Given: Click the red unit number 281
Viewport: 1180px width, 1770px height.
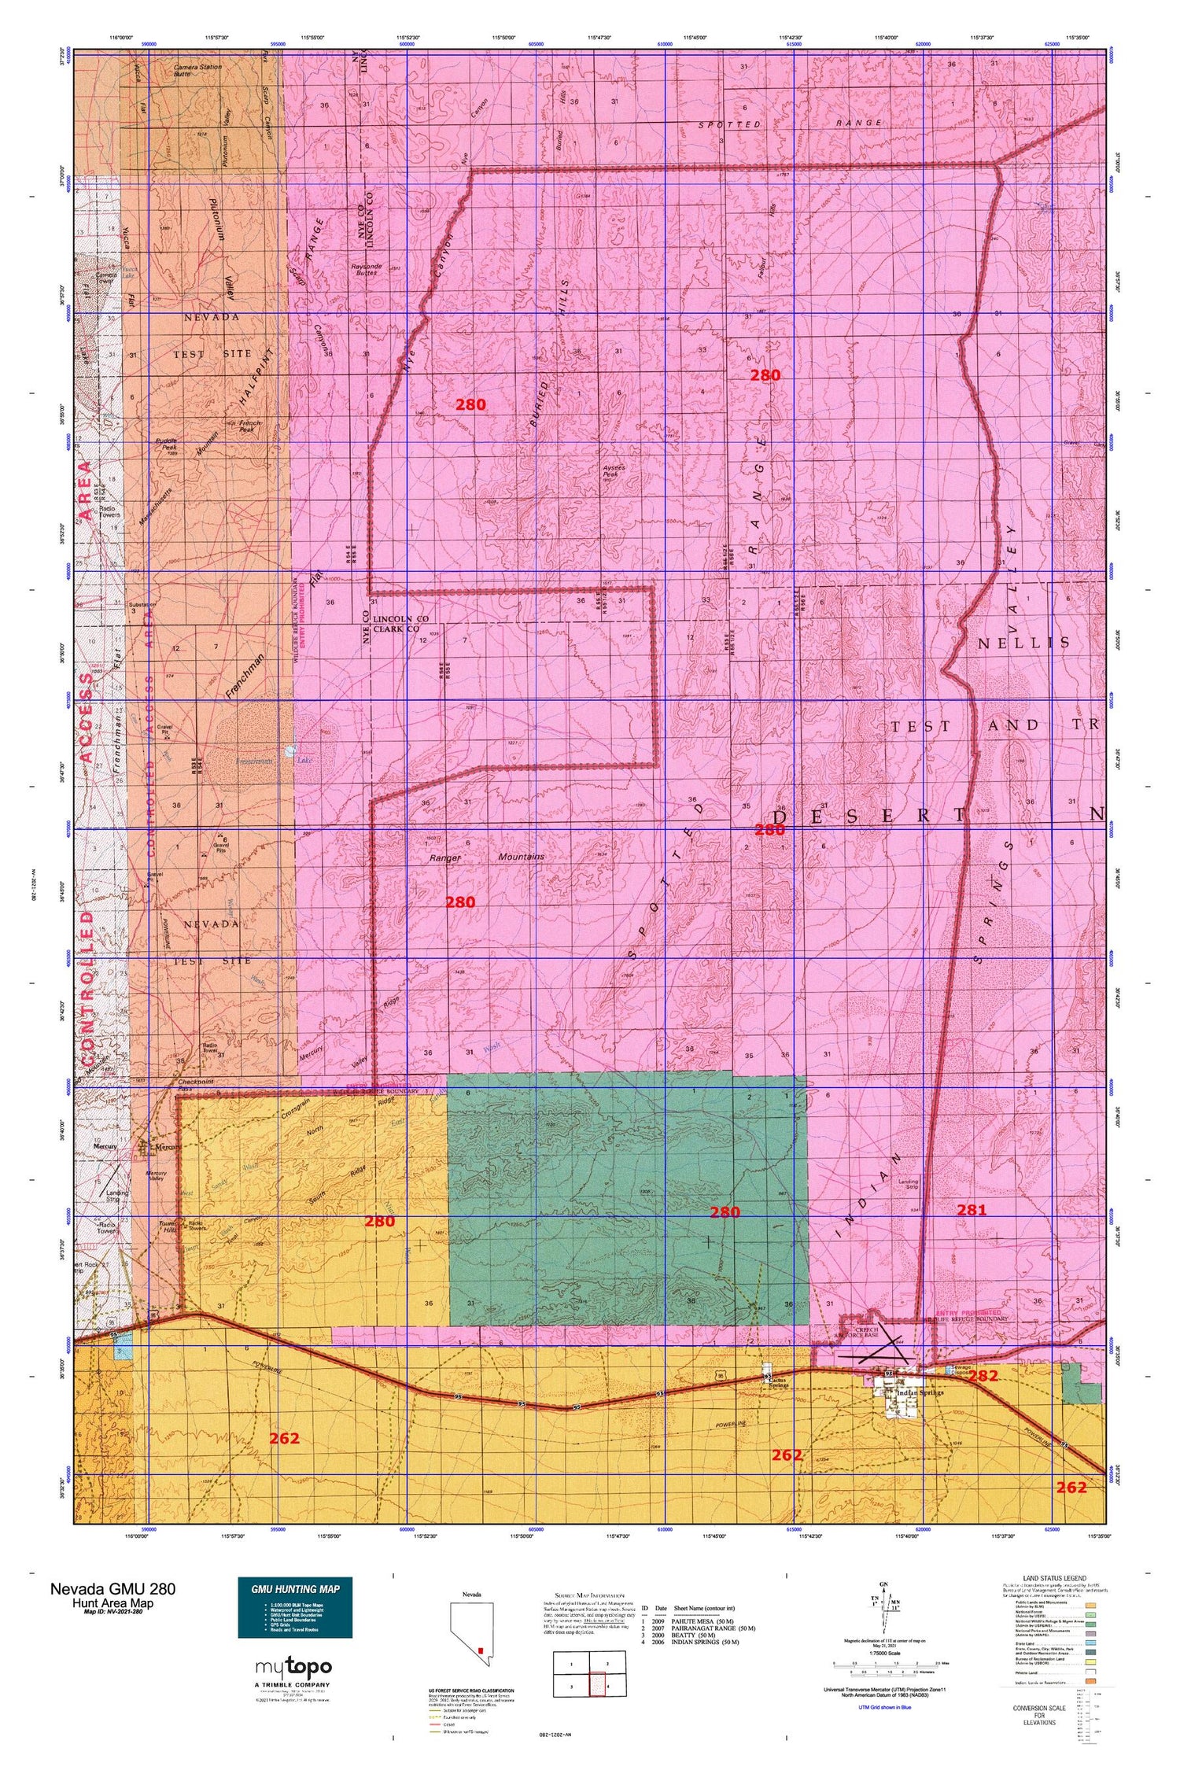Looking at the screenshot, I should (x=971, y=1211).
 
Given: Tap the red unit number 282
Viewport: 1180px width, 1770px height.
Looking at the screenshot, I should (x=983, y=1376).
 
